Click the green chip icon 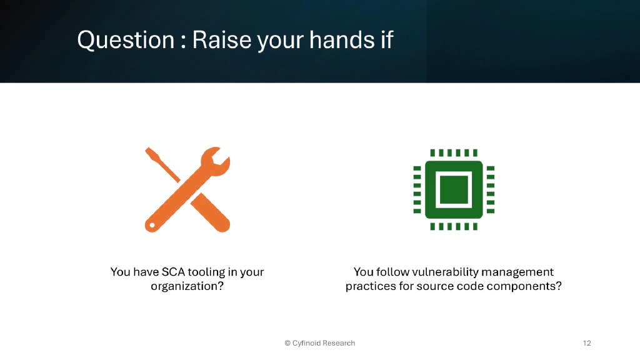(454, 189)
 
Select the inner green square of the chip (454, 189)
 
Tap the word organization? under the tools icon (187, 286)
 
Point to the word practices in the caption (369, 286)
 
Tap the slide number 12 (586, 343)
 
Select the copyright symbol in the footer (287, 343)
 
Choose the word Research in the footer (339, 343)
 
